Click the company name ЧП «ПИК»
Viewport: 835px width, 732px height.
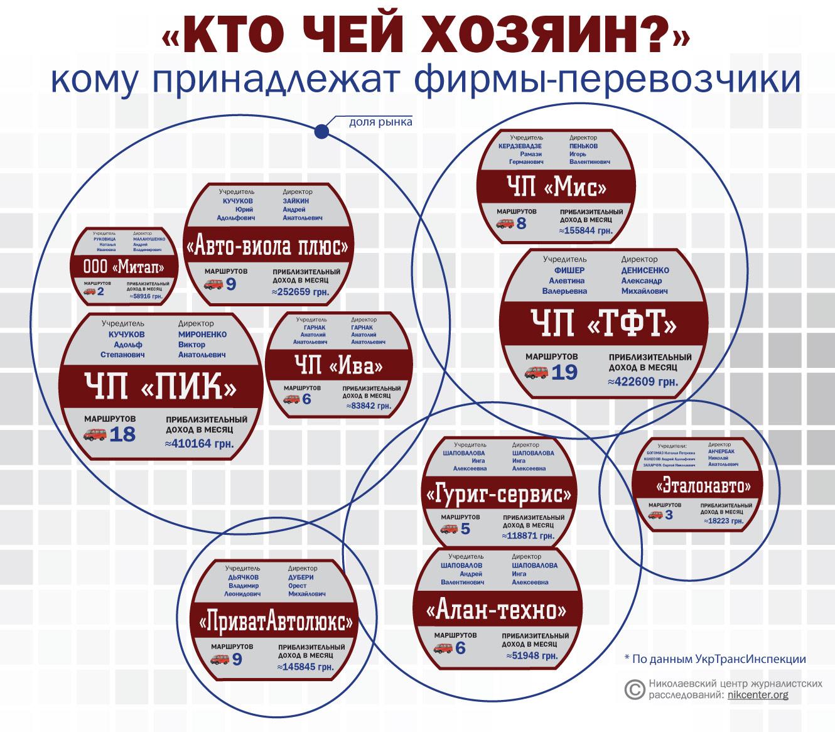coord(159,385)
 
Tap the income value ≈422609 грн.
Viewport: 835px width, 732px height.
coord(642,381)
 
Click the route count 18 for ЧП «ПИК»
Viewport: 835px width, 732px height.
coord(122,434)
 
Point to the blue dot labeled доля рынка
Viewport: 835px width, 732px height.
coord(321,131)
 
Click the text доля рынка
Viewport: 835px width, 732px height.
coord(380,122)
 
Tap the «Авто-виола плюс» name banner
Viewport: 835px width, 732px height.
coord(267,246)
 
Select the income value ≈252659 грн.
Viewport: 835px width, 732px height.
coord(300,291)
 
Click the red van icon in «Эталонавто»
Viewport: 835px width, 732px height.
coord(655,515)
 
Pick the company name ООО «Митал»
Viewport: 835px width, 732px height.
coord(124,267)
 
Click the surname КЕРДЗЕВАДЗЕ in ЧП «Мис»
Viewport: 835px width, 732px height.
coord(519,146)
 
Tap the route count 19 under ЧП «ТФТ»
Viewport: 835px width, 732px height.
coord(564,373)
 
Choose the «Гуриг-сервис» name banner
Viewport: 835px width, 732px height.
coord(499,495)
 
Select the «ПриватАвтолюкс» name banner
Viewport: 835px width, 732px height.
coord(276,623)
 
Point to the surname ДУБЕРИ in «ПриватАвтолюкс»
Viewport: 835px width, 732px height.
coord(301,577)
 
